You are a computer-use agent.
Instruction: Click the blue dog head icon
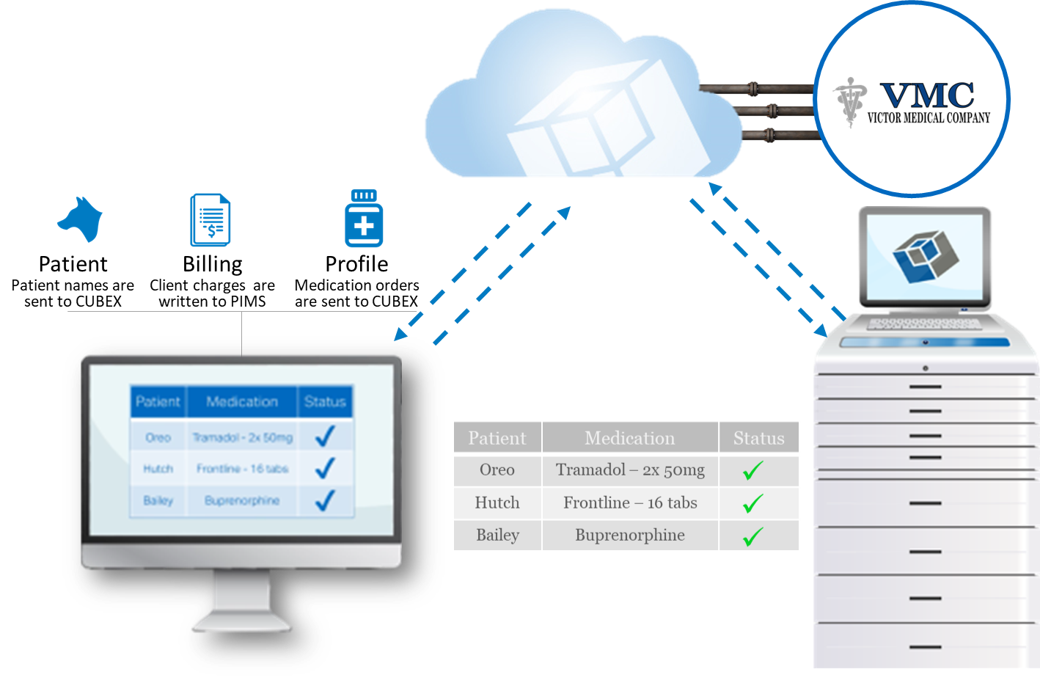coord(80,219)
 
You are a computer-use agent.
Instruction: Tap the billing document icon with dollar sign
coord(210,219)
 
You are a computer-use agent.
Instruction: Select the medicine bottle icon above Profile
coord(364,218)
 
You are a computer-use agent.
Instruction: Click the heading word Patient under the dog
coord(73,264)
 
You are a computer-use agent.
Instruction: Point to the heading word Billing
coord(212,264)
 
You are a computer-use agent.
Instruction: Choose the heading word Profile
coord(356,264)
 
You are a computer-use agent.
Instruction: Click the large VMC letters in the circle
coord(927,95)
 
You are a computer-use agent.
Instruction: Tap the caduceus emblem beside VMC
coord(849,102)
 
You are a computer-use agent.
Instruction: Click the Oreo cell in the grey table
coord(497,470)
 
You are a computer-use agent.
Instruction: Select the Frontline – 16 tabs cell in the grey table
coord(630,503)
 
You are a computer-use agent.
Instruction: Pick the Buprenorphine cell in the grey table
coord(630,536)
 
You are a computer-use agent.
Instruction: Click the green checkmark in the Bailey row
coord(752,537)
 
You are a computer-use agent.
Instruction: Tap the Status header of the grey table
coord(758,438)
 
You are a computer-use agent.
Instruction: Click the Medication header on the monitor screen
coord(242,401)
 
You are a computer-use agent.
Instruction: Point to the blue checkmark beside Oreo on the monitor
coord(324,436)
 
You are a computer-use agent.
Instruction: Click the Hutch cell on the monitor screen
coord(158,469)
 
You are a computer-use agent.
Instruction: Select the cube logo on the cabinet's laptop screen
coord(926,256)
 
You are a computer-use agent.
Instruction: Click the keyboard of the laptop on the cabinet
coord(924,324)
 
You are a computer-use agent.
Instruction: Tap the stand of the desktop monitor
coord(242,602)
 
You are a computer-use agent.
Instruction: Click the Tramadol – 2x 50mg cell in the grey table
coord(630,470)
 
